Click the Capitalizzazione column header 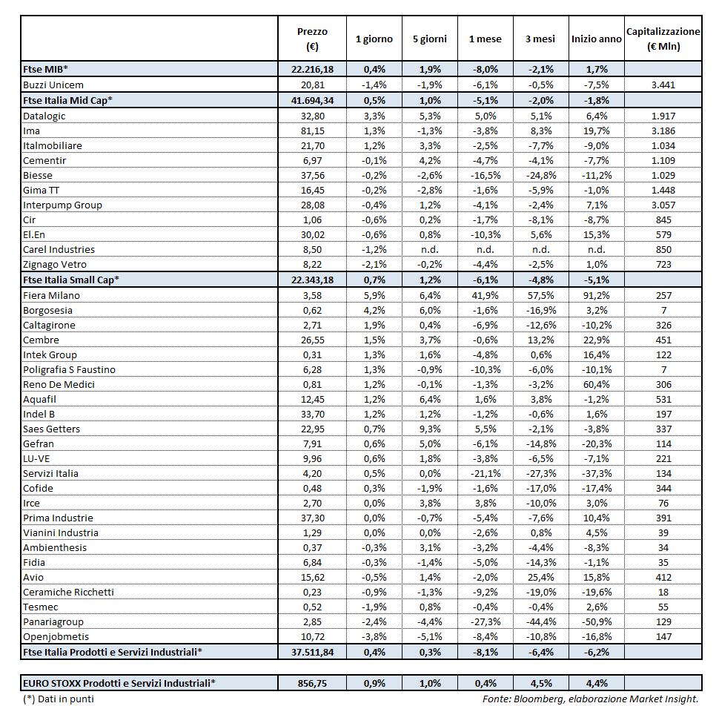point(663,39)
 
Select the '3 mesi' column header point(540,39)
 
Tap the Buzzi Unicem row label point(53,85)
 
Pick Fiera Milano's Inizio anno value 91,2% point(596,295)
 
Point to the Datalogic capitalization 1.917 point(663,116)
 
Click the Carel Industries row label point(59,249)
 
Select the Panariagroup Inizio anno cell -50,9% point(596,621)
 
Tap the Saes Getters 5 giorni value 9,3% point(430,429)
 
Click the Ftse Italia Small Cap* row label point(72,280)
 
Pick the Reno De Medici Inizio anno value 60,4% point(596,384)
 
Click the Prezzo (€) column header point(311,39)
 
